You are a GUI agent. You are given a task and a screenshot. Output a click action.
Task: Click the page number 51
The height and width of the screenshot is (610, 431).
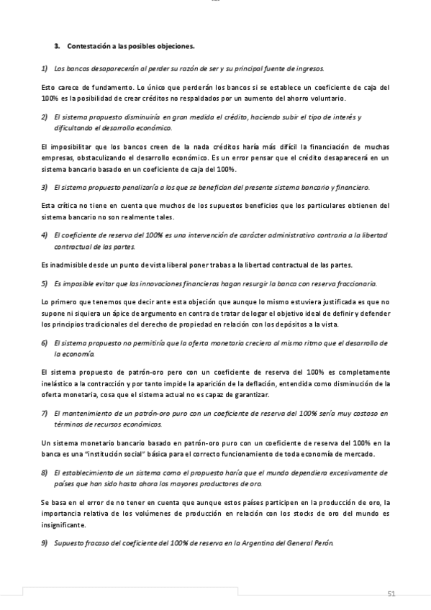click(x=392, y=593)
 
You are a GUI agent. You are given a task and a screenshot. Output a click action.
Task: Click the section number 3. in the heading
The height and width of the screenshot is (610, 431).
click(x=58, y=47)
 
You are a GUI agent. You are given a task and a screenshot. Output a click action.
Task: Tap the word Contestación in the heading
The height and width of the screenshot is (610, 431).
click(x=90, y=47)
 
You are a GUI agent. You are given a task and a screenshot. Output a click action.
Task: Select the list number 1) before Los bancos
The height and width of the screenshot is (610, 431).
click(x=44, y=68)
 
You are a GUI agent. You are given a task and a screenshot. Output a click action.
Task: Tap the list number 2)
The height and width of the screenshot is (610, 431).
click(x=44, y=117)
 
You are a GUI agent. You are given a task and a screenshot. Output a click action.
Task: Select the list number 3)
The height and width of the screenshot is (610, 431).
click(x=44, y=187)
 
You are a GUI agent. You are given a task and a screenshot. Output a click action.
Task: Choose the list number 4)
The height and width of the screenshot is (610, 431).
click(x=44, y=235)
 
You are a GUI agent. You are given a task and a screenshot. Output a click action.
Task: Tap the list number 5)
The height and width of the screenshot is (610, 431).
click(x=44, y=283)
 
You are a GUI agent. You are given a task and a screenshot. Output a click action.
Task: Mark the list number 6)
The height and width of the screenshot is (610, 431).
click(x=44, y=343)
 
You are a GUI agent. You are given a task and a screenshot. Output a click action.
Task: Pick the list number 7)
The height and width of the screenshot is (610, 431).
click(x=44, y=413)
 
